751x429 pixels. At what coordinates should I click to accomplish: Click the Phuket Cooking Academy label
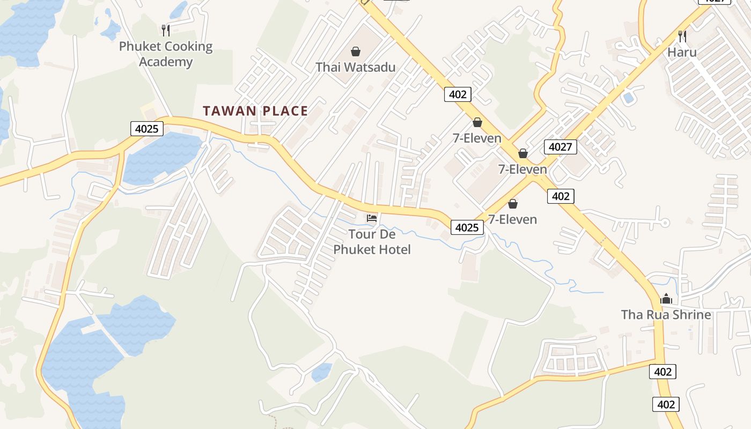(166, 54)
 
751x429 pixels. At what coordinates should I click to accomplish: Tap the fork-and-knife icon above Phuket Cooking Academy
(166, 30)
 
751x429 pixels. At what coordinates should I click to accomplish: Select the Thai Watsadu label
(355, 67)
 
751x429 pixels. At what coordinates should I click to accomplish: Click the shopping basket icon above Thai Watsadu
(355, 51)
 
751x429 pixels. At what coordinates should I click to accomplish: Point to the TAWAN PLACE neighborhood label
(255, 111)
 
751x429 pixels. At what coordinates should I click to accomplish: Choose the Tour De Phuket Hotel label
(372, 242)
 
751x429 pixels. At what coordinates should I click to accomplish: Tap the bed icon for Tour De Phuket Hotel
(372, 218)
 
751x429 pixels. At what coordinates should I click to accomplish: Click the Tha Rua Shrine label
(666, 314)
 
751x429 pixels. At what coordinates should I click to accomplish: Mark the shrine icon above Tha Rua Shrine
(666, 299)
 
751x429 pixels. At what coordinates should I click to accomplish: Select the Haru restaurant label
(682, 52)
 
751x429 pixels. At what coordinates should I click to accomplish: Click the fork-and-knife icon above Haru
(682, 36)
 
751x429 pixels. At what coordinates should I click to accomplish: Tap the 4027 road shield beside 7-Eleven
(560, 146)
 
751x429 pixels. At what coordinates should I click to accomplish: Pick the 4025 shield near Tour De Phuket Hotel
(467, 227)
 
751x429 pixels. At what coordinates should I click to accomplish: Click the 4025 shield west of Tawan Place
(146, 129)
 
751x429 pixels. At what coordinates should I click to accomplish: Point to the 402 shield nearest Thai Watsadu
(458, 94)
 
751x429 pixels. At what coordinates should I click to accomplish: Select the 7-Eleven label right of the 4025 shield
(512, 219)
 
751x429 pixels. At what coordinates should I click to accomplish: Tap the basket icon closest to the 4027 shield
(523, 154)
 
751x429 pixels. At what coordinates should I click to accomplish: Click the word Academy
(166, 62)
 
